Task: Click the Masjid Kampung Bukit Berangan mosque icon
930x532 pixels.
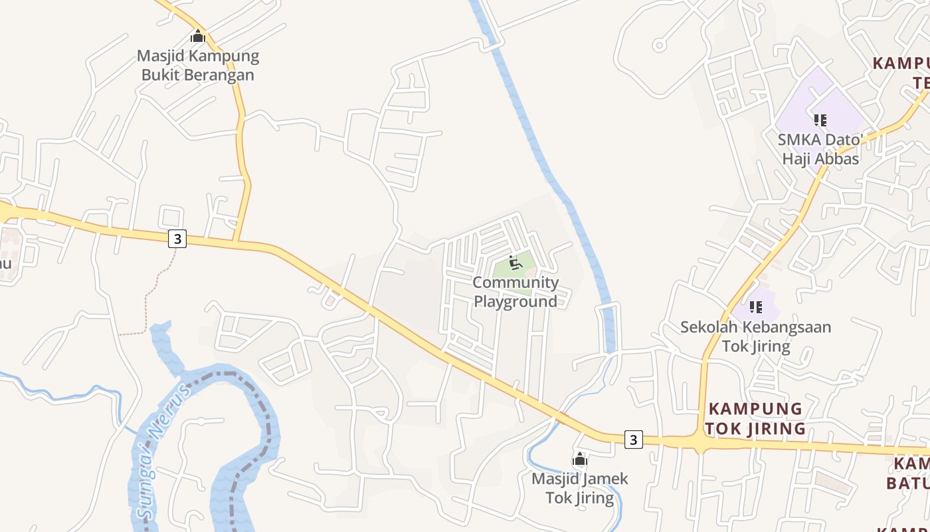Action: [x=198, y=37]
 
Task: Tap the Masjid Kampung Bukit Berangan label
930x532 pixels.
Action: [x=198, y=65]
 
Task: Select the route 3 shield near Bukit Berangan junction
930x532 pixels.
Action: [x=177, y=239]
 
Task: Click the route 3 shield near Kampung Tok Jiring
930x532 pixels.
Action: [x=634, y=440]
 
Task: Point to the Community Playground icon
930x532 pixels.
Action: [x=515, y=263]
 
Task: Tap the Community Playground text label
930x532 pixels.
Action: [x=515, y=292]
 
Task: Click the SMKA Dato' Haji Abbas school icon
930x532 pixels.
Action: [x=820, y=120]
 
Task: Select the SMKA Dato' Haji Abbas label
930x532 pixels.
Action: [x=820, y=150]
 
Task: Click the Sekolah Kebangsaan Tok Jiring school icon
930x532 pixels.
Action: [x=756, y=307]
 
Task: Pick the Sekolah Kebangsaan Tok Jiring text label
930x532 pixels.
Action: [x=756, y=336]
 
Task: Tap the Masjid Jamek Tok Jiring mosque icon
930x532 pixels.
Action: [x=580, y=460]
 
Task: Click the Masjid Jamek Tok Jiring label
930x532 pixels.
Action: [x=580, y=488]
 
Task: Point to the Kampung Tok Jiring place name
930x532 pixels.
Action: [x=755, y=418]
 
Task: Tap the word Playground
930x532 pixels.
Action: [x=515, y=301]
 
